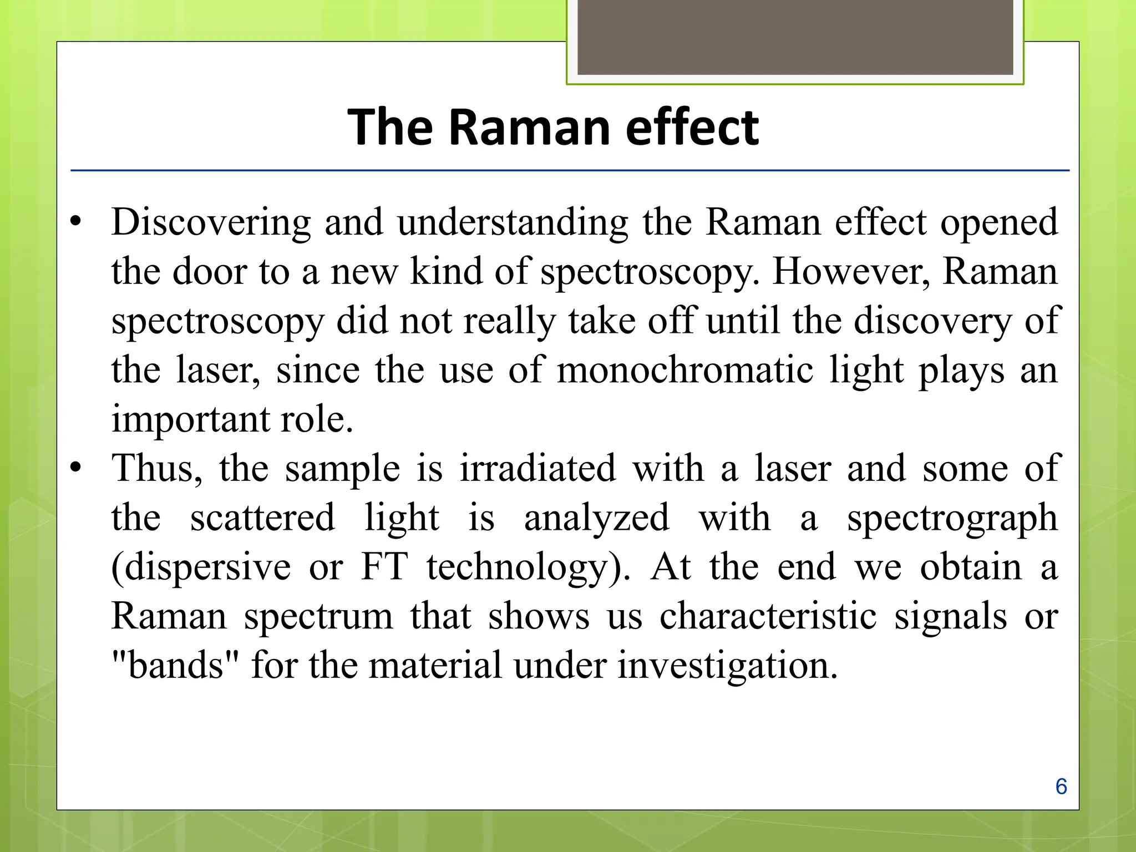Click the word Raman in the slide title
click(532, 128)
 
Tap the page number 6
click(1061, 787)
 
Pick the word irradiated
click(537, 468)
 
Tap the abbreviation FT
click(384, 567)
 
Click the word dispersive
click(201, 567)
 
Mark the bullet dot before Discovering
click(76, 222)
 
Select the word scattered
click(262, 518)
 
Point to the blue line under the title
click(570, 170)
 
